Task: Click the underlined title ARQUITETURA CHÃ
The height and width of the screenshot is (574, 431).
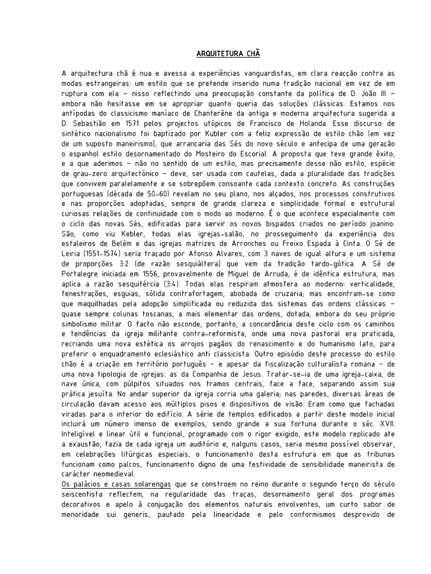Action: pyautogui.click(x=228, y=54)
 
